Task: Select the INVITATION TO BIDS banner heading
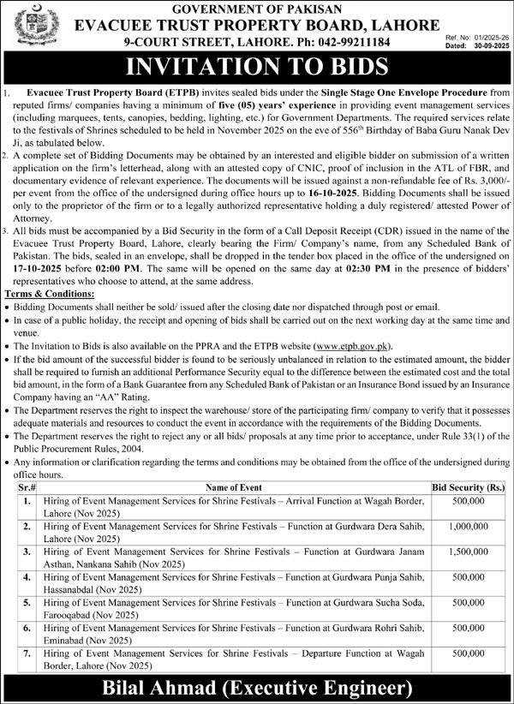(257, 67)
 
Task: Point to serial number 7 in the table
(28, 653)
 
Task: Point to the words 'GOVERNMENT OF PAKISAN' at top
(256, 9)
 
